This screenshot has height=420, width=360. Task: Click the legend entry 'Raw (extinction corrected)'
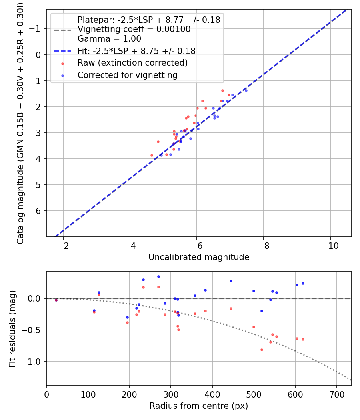tap(132, 63)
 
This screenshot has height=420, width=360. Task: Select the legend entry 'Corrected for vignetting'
tap(127, 75)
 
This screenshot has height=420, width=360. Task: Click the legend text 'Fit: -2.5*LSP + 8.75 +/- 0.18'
tap(136, 51)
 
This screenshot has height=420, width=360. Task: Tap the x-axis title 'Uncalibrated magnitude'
tap(199, 257)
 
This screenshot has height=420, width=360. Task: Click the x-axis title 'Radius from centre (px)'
tap(199, 406)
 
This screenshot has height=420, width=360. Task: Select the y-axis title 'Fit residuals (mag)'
tap(12, 328)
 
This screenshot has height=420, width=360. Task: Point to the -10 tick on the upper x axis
tap(330, 245)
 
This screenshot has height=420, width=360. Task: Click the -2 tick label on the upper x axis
tap(63, 245)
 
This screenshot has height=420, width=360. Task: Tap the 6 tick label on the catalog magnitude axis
tap(39, 211)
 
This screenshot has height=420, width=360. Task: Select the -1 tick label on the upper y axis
tap(36, 29)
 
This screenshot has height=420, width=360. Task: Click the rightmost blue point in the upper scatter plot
tap(246, 90)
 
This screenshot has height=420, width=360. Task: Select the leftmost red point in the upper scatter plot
tap(152, 155)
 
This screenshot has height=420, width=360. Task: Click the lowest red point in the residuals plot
tap(262, 350)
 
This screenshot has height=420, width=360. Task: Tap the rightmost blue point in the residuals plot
tap(303, 283)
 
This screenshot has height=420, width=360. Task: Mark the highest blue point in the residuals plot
tap(158, 276)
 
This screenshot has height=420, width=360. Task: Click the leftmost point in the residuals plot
tap(56, 300)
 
